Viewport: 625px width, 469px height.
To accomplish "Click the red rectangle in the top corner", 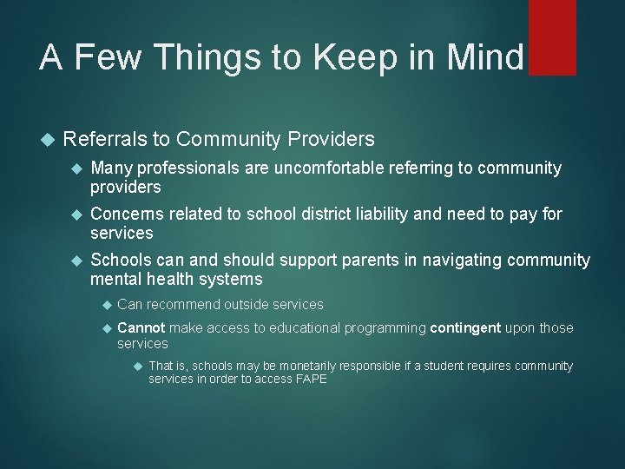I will click(x=552, y=36).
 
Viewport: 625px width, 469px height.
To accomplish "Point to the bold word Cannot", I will click(x=141, y=327).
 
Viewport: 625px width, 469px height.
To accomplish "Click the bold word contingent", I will click(x=464, y=327).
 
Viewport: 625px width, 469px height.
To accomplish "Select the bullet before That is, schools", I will click(x=137, y=366).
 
